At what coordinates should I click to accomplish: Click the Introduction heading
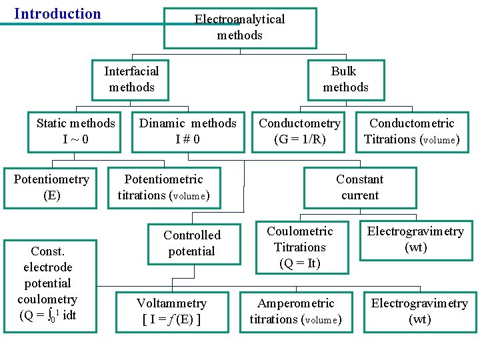pyautogui.click(x=57, y=14)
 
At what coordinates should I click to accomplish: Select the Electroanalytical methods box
pyautogui.click(x=240, y=28)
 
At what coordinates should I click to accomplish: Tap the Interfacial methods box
pyautogui.click(x=131, y=79)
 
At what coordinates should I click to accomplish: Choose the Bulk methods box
pyautogui.click(x=345, y=79)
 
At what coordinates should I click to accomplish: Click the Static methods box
pyautogui.click(x=75, y=131)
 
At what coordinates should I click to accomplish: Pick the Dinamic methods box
pyautogui.click(x=187, y=131)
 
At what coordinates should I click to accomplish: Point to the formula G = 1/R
pyautogui.click(x=299, y=139)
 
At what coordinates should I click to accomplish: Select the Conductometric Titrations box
pyautogui.click(x=411, y=131)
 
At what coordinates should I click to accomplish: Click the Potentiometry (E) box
pyautogui.click(x=51, y=187)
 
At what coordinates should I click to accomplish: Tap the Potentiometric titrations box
pyautogui.click(x=164, y=187)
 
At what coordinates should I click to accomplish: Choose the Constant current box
pyautogui.click(x=359, y=187)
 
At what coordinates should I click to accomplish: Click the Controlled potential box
pyautogui.click(x=192, y=243)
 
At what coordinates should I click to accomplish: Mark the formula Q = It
pyautogui.click(x=300, y=263)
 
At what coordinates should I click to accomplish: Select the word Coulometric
pyautogui.click(x=300, y=231)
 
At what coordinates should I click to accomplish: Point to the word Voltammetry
pyautogui.click(x=171, y=303)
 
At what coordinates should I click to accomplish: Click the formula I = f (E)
pyautogui.click(x=171, y=319)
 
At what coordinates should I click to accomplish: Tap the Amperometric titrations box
pyautogui.click(x=295, y=311)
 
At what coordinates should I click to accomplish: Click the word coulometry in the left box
pyautogui.click(x=47, y=299)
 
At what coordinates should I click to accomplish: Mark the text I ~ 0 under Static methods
pyautogui.click(x=75, y=139)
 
